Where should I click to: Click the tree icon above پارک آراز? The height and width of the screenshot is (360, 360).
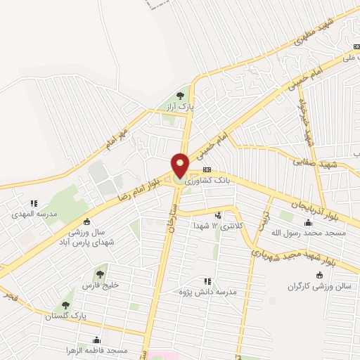180,96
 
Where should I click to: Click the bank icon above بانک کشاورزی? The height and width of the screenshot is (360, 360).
207,170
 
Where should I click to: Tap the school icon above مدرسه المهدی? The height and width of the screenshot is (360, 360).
34,203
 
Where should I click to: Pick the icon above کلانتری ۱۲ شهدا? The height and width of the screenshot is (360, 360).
219,215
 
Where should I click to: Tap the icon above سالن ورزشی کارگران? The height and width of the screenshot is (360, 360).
321,275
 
